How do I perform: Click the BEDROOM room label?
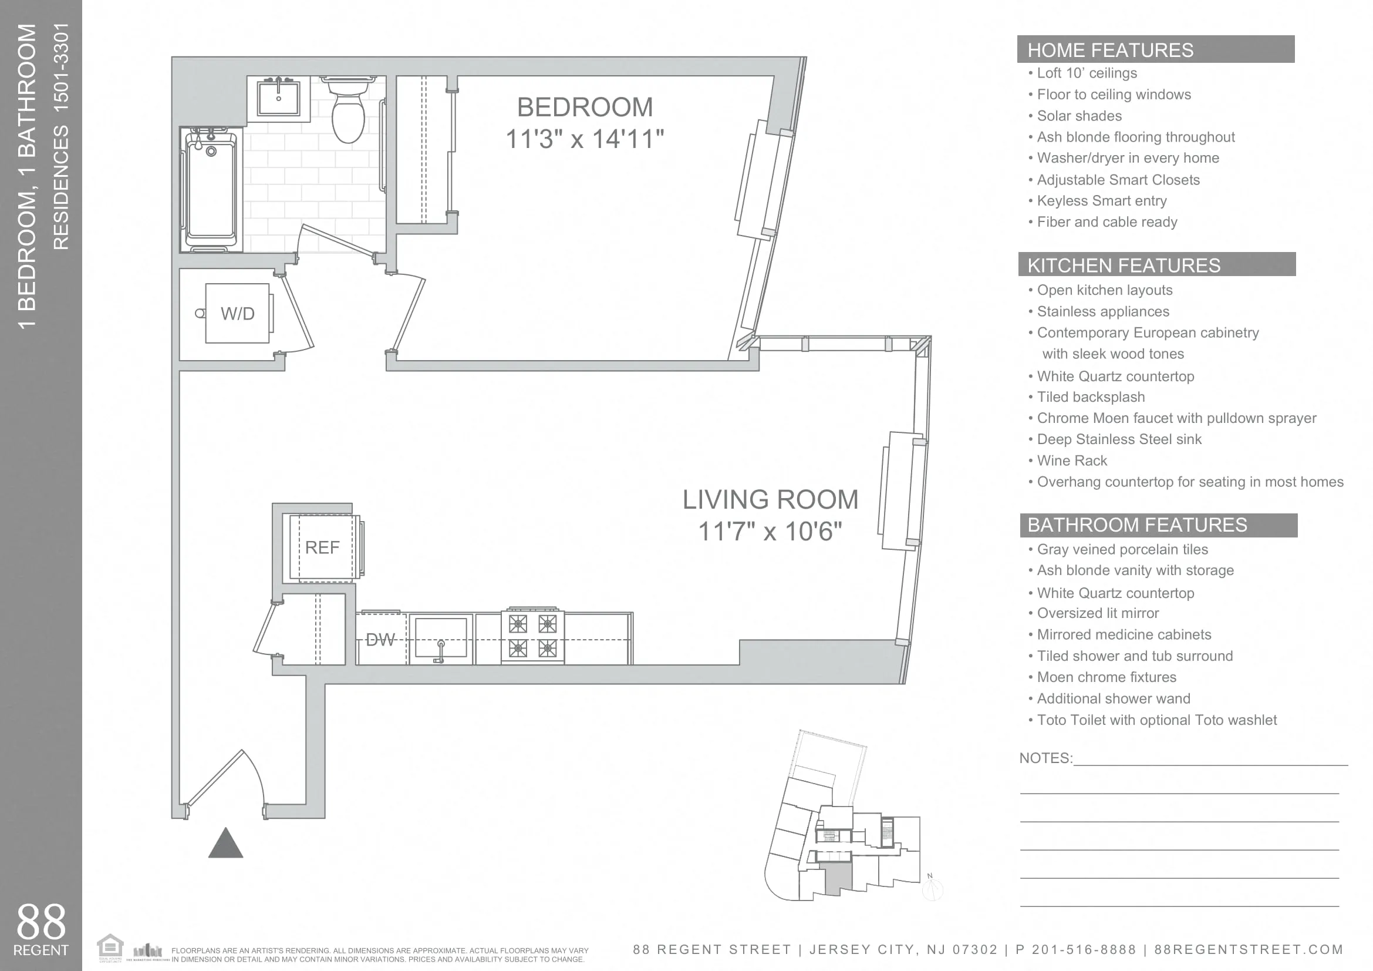pos(584,107)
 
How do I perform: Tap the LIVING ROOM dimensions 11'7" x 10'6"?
pos(770,531)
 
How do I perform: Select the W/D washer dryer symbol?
pos(237,314)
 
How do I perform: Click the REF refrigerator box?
pos(323,547)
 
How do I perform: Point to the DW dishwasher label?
pos(380,640)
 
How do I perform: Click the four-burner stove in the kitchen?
pos(532,636)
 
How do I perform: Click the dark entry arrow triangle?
pos(225,844)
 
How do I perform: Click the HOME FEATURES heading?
pos(1110,51)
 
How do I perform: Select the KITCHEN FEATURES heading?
pos(1124,266)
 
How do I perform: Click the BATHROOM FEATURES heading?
pos(1137,525)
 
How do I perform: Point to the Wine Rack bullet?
pos(1072,461)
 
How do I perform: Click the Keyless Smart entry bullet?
pos(1101,201)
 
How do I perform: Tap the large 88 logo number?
pos(41,922)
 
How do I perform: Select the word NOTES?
pos(1045,758)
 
